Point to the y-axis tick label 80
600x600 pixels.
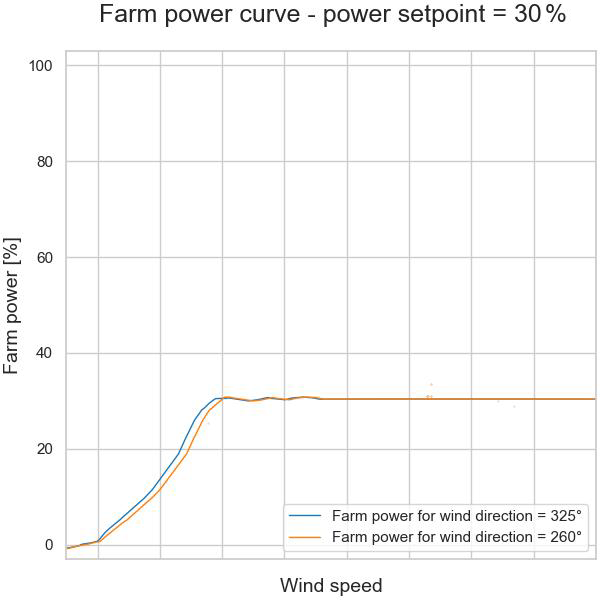(43, 162)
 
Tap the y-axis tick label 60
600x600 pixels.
(43, 258)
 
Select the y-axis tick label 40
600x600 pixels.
(43, 354)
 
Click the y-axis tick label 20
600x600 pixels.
(43, 449)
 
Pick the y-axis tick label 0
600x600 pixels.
(47, 545)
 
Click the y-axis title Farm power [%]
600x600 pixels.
(13, 306)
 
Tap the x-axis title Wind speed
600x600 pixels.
(331, 585)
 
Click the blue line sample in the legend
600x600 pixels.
(305, 517)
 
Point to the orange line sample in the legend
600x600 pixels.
(305, 537)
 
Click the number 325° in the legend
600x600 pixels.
(562, 517)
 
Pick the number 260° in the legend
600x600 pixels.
(562, 537)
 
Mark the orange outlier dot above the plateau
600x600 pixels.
(431, 385)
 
